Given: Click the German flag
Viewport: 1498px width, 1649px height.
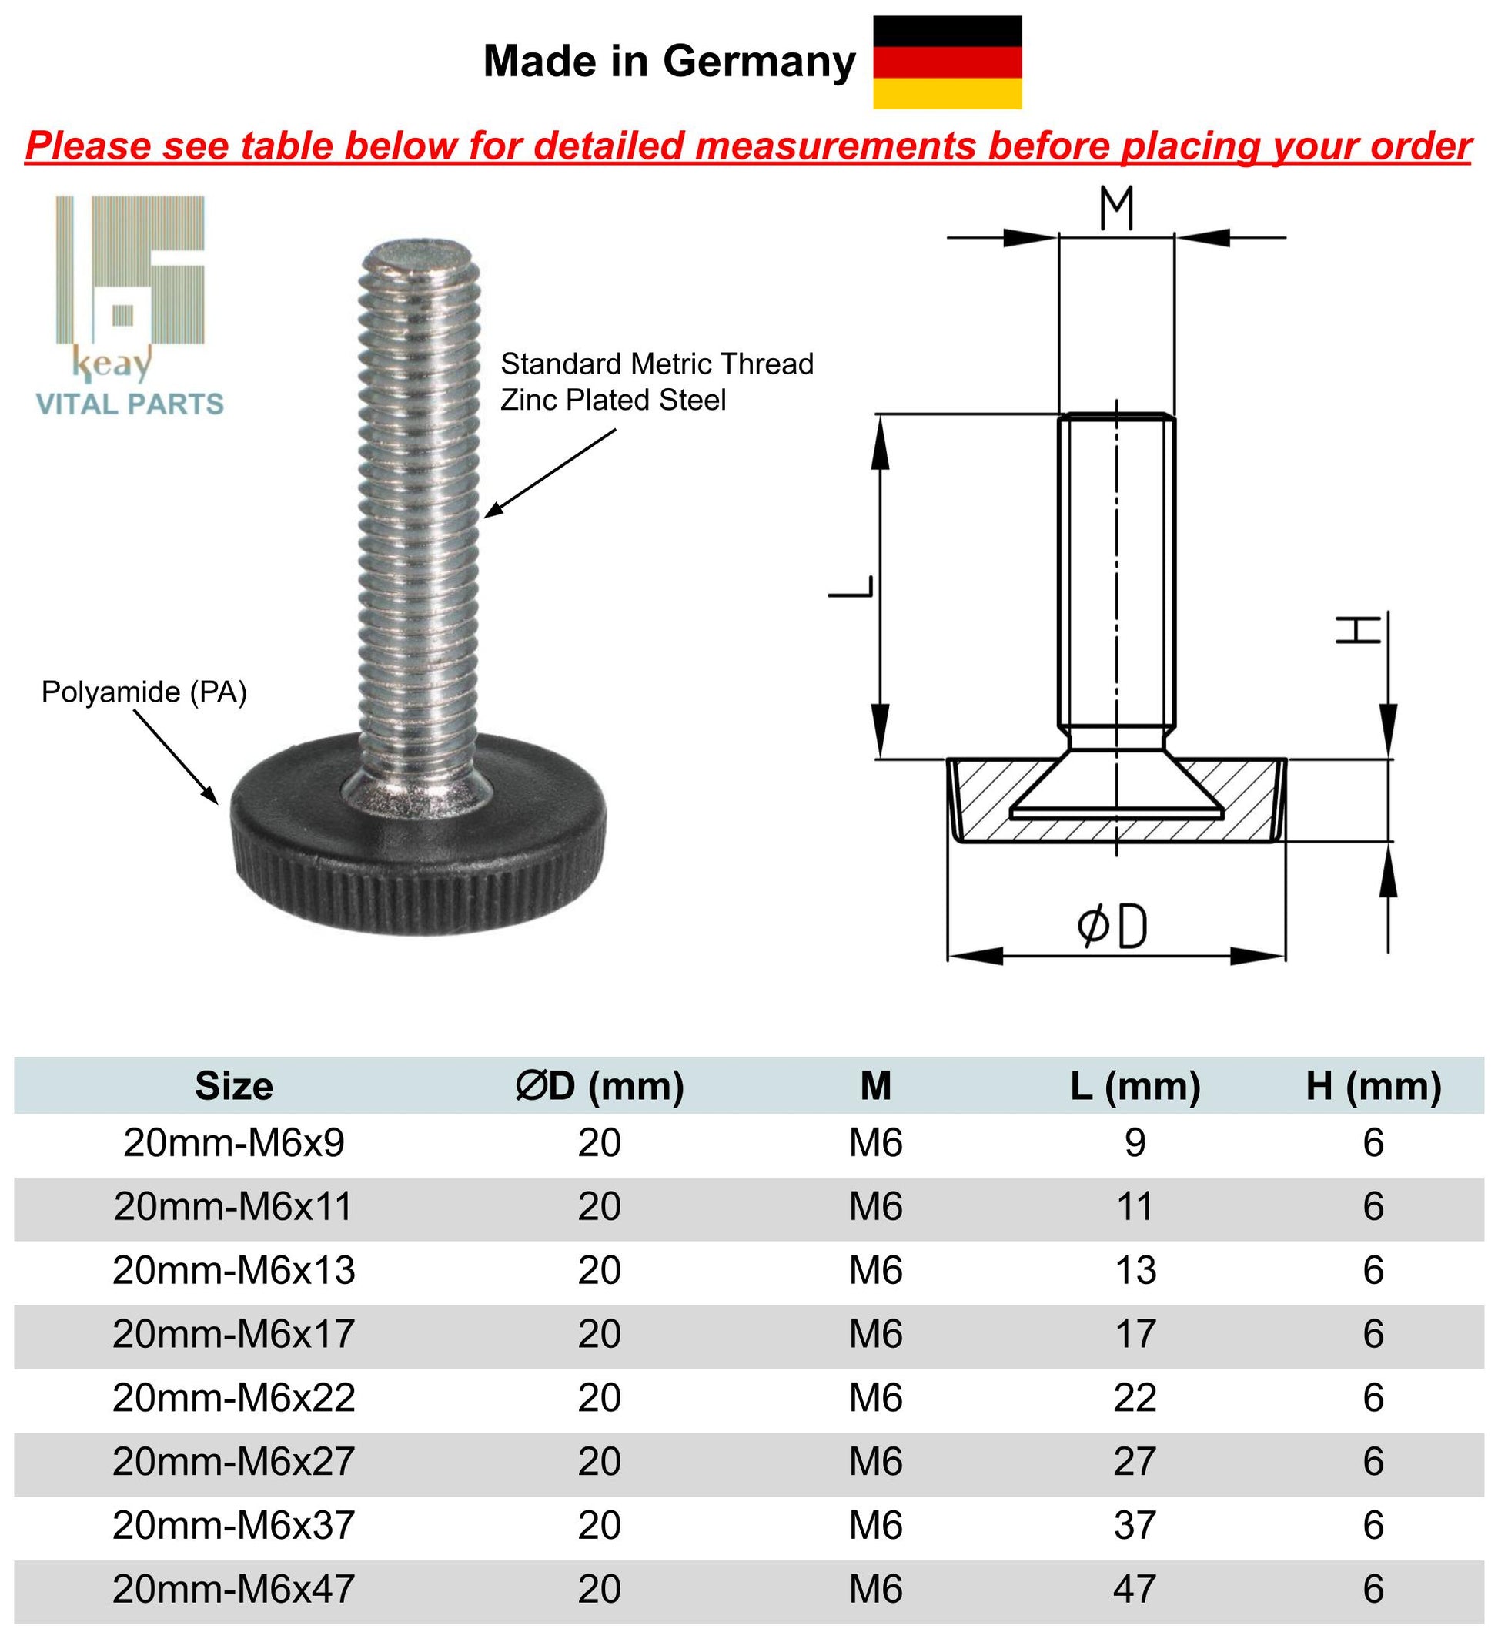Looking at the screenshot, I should [947, 63].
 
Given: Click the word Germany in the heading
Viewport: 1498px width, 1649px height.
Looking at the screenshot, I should [760, 62].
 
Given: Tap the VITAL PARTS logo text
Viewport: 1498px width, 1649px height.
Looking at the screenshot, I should [129, 404].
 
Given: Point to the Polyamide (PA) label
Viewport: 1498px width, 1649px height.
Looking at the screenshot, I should [144, 693].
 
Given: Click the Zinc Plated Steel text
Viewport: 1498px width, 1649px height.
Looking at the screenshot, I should [613, 400].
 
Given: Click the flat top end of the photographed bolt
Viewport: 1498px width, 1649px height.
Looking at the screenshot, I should [419, 253].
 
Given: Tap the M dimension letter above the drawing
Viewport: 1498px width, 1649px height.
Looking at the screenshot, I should [1116, 209].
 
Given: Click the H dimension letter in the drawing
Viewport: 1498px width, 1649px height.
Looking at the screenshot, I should [1358, 630].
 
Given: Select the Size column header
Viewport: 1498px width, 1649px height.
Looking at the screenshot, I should [234, 1086].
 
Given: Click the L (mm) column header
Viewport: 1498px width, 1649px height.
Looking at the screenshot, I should [1135, 1086].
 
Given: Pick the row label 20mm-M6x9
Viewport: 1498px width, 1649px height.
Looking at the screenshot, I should [234, 1143].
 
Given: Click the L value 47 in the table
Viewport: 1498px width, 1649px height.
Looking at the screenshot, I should [1134, 1589].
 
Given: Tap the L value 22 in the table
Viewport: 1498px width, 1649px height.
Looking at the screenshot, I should [1134, 1398].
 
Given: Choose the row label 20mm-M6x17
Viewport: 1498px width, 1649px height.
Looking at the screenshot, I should [234, 1334].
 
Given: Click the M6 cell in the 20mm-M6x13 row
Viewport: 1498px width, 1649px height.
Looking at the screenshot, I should [875, 1270].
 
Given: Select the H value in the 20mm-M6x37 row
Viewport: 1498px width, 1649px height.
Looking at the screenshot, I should [1373, 1526].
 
